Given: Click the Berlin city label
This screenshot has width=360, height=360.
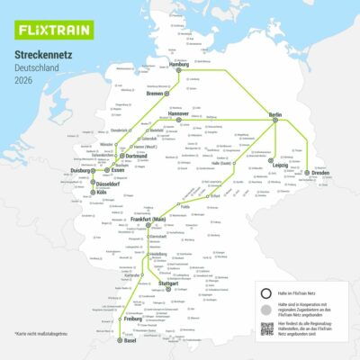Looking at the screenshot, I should (274, 115).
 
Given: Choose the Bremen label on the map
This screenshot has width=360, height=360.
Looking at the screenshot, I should (156, 92).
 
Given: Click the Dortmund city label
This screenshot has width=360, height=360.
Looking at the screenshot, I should (135, 157).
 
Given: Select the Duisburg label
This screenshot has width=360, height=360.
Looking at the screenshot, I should (83, 170).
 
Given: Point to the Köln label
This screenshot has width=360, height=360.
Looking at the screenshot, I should (102, 192).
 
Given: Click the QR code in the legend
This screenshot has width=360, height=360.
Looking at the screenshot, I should (266, 328).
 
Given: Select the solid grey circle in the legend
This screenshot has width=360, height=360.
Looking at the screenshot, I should (266, 309).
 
